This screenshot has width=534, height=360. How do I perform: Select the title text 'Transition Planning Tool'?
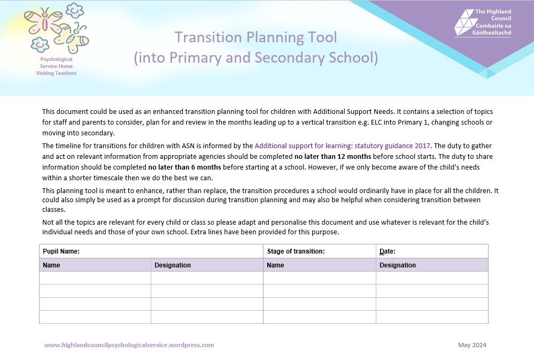256,37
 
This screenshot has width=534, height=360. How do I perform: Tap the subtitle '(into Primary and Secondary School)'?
256,57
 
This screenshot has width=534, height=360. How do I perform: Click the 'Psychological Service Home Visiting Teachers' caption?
56,66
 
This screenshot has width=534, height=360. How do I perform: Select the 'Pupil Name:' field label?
61,251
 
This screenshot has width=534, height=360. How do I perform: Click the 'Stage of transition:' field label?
296,251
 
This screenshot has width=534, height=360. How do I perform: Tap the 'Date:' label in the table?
387,251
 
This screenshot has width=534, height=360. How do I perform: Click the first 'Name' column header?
51,265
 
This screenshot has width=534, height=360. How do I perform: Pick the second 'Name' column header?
275,265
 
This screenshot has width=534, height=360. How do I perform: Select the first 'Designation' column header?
173,265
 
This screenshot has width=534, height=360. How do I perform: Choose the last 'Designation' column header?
398,265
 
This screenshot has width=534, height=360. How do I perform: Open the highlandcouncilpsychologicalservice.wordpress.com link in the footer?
129,345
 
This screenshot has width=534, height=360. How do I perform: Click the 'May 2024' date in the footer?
472,345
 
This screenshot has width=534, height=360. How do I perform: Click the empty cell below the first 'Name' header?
95,278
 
